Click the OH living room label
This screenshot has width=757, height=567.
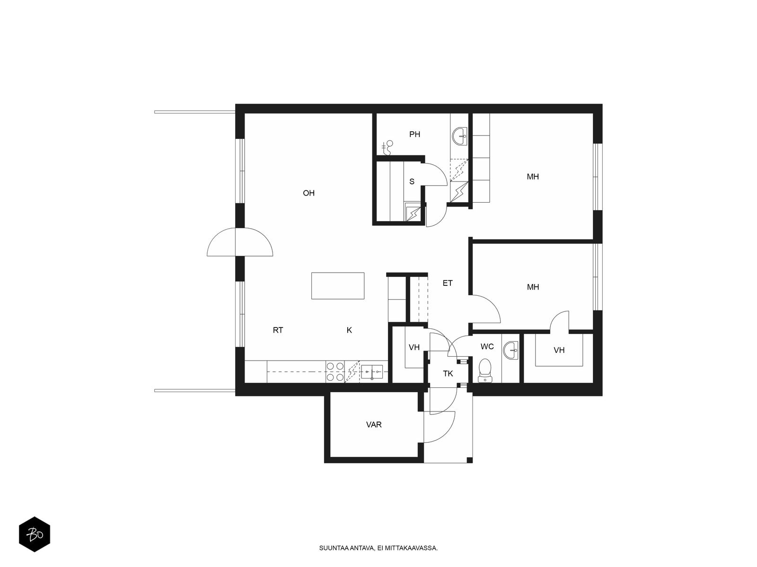pos(308,193)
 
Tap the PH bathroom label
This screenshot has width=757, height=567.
pos(414,134)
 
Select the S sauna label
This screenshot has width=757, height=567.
pos(412,181)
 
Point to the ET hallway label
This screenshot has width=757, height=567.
pos(447,283)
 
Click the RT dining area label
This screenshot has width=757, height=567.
pos(278,330)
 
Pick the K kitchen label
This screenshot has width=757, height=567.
pos(349,330)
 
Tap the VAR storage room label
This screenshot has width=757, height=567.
pos(374,424)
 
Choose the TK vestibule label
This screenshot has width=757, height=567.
pos(448,374)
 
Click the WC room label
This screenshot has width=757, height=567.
pos(487,347)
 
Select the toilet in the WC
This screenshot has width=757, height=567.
pos(485,370)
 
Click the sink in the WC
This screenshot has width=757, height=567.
pos(511,351)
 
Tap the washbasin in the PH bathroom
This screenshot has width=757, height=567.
pos(459,137)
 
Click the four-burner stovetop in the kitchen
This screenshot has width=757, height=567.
pos(335,372)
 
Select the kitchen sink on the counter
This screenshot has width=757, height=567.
pos(374,372)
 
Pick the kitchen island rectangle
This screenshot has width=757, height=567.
pos(338,286)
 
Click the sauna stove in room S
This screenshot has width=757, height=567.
pos(413,212)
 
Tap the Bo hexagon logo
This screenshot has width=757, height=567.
pos(35,534)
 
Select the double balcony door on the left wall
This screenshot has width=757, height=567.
pos(239,242)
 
